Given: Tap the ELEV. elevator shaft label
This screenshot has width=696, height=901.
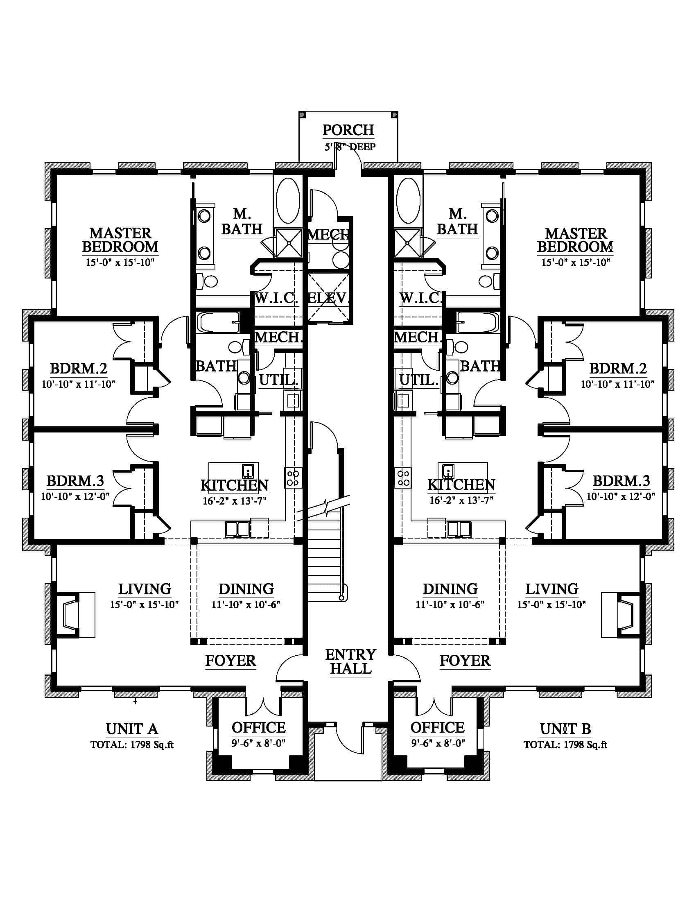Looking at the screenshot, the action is click(329, 298).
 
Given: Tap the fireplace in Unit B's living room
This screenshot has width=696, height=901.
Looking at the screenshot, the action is click(621, 615).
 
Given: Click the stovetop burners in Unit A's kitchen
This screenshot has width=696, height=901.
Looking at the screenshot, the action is click(293, 478).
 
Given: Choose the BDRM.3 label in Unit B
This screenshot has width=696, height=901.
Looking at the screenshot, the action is click(621, 481).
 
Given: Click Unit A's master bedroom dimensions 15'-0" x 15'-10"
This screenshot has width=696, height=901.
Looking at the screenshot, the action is click(120, 263).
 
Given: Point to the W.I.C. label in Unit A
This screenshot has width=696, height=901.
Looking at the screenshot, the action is click(276, 298).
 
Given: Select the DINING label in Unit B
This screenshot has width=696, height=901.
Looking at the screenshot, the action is click(450, 589).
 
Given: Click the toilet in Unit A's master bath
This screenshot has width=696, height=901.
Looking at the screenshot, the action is click(208, 282).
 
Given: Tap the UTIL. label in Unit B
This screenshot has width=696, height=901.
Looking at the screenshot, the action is click(419, 380).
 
